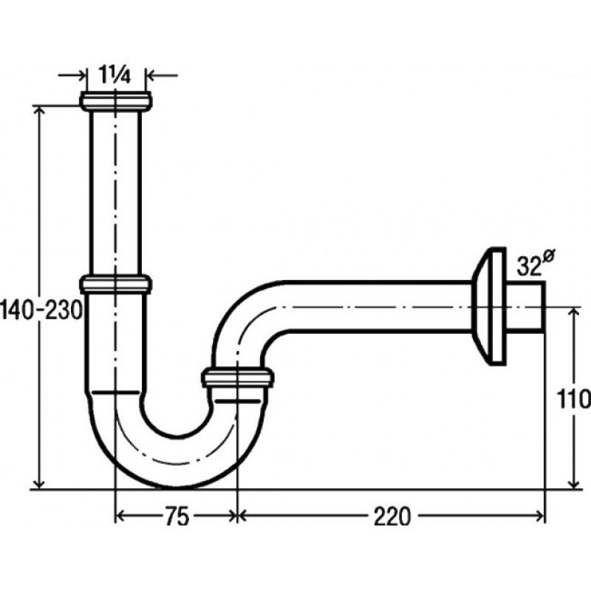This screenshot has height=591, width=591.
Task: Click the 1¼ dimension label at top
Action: coord(115,75)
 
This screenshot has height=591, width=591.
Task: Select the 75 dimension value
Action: coord(177,516)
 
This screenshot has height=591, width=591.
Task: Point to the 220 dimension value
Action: coord(392,516)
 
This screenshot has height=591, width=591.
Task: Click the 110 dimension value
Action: coord(573,399)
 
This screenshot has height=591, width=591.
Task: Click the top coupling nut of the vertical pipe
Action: coord(116,101)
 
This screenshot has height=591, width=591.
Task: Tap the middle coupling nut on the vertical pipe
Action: coord(116,284)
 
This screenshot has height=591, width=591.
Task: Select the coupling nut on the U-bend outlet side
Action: coord(237,377)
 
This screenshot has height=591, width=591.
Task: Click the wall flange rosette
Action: coord(489,306)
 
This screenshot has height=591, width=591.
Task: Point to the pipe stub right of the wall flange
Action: coord(525,307)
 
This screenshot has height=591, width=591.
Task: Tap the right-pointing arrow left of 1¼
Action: coord(72,75)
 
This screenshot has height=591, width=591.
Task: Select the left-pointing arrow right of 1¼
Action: coord(162,75)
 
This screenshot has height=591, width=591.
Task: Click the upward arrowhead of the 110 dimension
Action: coord(574,312)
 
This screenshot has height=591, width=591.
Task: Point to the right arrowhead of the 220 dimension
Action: coord(539,515)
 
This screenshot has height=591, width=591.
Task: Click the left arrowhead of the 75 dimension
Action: coord(120,516)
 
